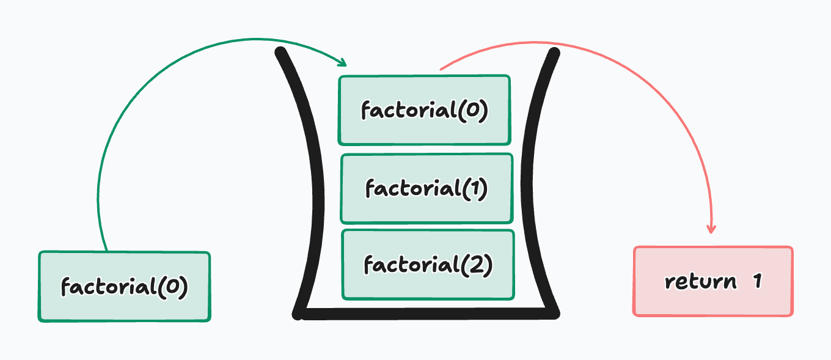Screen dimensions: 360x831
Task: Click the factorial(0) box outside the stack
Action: tap(124, 287)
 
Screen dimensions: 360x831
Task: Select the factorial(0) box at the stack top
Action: tap(424, 110)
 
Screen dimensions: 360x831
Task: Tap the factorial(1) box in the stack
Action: tap(426, 188)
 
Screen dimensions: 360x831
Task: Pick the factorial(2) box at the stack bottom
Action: tap(428, 265)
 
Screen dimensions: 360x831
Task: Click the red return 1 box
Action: tap(713, 281)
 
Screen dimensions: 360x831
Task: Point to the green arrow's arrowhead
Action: tap(343, 63)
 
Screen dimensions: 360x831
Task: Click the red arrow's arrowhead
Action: tap(711, 229)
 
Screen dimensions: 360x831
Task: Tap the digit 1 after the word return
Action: tap(757, 281)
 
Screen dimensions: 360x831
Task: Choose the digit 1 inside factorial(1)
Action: tap(472, 188)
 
